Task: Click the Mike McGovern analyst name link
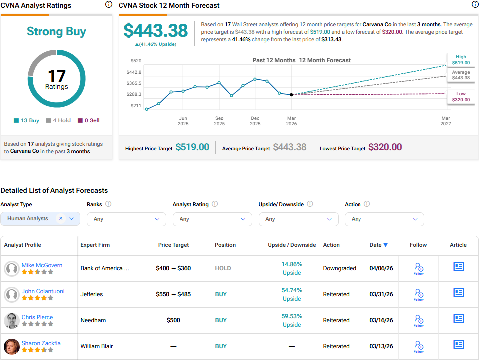[x=42, y=265]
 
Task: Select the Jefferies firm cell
[x=92, y=294]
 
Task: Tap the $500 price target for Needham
[x=173, y=320]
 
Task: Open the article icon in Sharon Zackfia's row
[x=458, y=345]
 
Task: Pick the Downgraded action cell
[x=339, y=268]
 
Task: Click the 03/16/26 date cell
[x=381, y=320]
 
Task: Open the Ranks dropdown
[x=126, y=219]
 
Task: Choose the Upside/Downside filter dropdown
[x=298, y=219]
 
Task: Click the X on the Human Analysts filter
[x=61, y=218]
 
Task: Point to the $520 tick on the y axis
[x=136, y=61]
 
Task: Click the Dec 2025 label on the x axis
[x=255, y=121]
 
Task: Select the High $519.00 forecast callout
[x=461, y=60]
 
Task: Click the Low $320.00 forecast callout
[x=461, y=97]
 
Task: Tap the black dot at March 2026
[x=291, y=94]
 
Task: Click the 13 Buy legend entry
[x=27, y=120]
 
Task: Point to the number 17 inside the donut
[x=57, y=76]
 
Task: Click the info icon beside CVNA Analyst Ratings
[x=109, y=5]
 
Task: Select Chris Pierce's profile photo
[x=12, y=320]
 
